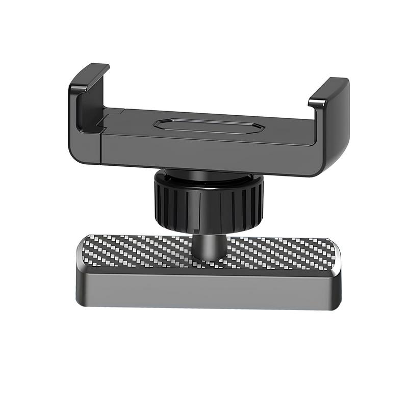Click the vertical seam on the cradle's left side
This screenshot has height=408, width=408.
pos(101,145)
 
